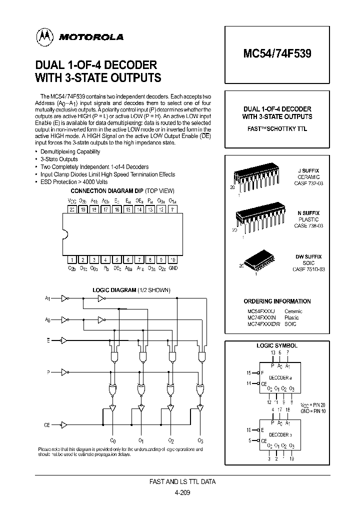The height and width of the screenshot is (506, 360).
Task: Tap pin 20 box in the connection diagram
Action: click(72, 209)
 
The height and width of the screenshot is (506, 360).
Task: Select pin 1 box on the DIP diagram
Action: click(72, 260)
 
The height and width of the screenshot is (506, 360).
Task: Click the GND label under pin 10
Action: click(173, 268)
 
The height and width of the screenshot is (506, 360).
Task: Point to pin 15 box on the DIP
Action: click(128, 209)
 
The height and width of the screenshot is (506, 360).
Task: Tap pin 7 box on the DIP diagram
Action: click(139, 260)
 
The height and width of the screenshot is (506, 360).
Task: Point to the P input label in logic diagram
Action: click(48, 371)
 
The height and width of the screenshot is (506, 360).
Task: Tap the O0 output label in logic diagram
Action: click(112, 440)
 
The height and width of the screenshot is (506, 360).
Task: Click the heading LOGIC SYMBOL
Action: click(277, 345)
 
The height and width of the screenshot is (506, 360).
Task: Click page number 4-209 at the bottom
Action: click(182, 492)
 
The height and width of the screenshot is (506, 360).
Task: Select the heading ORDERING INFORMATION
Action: click(277, 301)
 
